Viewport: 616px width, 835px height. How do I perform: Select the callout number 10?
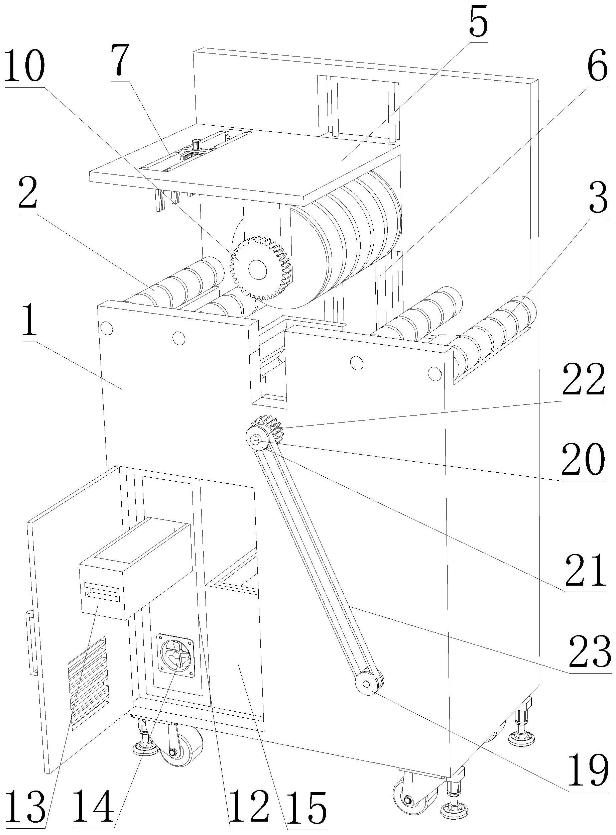click(25, 68)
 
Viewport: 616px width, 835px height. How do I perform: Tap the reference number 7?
click(122, 60)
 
